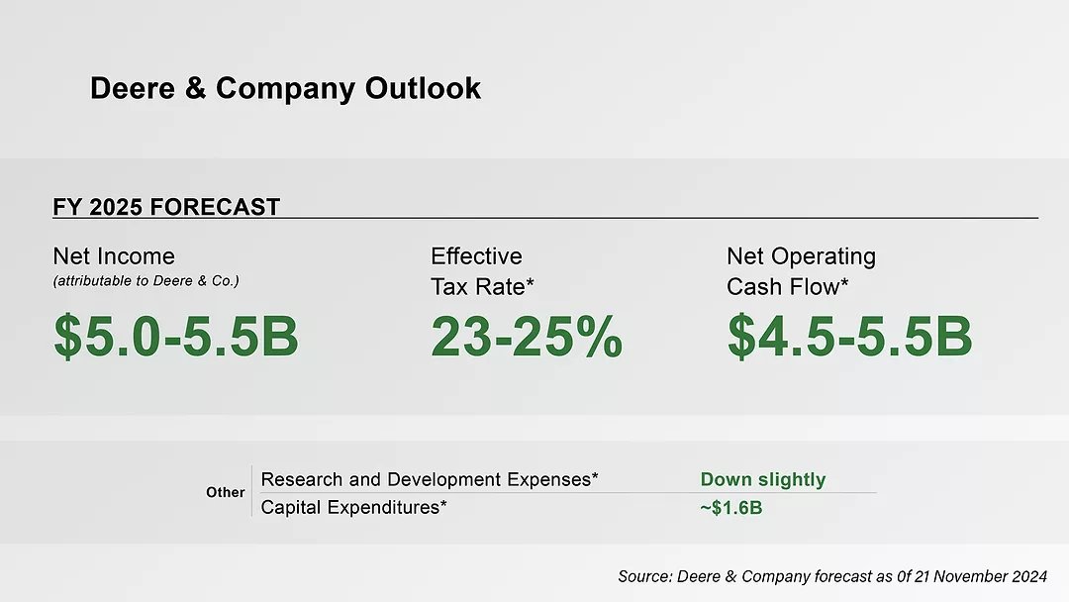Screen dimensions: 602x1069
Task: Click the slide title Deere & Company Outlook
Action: tap(285, 88)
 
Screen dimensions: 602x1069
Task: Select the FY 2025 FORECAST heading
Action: tap(166, 208)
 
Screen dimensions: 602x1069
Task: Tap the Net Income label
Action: tap(114, 256)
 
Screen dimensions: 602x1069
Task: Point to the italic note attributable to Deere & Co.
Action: tap(146, 281)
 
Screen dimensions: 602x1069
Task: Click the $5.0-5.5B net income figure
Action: tap(176, 337)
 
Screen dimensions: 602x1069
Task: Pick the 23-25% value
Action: tap(527, 337)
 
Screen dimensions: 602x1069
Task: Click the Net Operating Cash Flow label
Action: tap(801, 271)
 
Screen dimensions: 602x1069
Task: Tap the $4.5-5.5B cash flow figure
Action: tap(849, 337)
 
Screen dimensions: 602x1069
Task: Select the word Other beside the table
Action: tap(225, 492)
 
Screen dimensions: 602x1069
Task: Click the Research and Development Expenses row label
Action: tap(430, 479)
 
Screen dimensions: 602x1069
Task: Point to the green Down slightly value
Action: tap(762, 479)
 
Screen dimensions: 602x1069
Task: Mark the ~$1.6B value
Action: tap(730, 508)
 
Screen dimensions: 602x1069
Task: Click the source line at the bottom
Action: tap(831, 576)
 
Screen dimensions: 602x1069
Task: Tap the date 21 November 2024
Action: tap(977, 576)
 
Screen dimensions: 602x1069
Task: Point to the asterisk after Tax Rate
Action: tap(530, 286)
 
